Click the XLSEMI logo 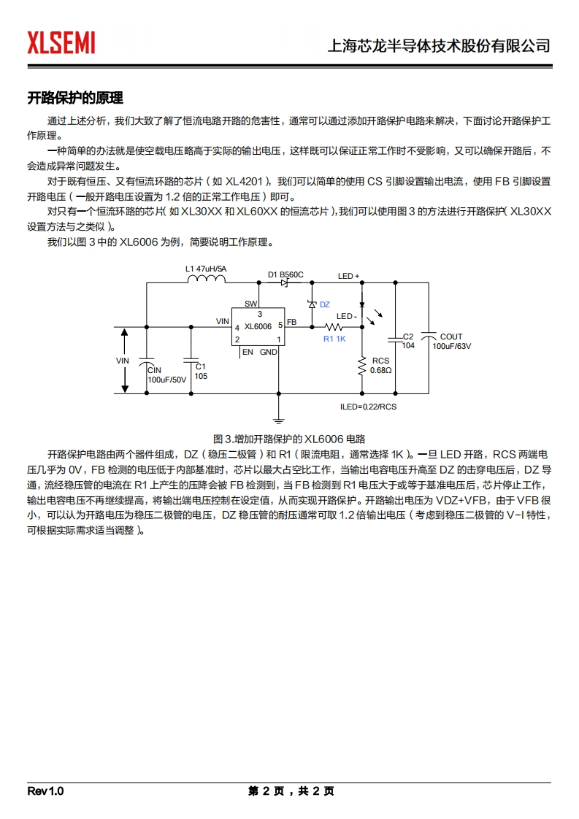click(x=61, y=43)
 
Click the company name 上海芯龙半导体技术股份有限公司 click(x=439, y=46)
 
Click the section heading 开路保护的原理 click(x=75, y=98)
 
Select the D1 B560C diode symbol click(x=284, y=282)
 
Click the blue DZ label click(x=325, y=304)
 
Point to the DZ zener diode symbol click(x=312, y=304)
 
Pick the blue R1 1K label click(x=334, y=339)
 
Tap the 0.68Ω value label click(x=381, y=371)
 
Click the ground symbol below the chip click(x=278, y=420)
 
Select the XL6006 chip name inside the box click(x=258, y=327)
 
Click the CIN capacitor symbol click(x=147, y=363)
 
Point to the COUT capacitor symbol click(x=429, y=337)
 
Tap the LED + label click(x=349, y=277)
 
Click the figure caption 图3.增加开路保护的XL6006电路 click(x=289, y=439)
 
